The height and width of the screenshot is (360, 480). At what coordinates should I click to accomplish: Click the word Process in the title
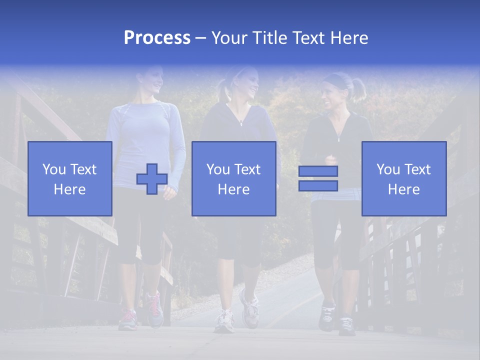157,38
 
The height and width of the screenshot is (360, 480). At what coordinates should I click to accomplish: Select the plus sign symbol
152,179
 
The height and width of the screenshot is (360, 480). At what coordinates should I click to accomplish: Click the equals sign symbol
318,178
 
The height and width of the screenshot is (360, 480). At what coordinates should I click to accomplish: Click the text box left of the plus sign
70,178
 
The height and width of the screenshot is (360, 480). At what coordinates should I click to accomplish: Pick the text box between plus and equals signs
234,178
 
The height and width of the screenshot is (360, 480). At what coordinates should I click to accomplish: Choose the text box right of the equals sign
404,178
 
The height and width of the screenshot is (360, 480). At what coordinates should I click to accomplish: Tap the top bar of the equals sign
318,171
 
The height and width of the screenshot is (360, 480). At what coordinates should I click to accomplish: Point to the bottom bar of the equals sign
318,185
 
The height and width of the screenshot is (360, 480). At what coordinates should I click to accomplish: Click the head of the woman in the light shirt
150,80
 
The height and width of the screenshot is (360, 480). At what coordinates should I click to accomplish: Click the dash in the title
201,38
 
